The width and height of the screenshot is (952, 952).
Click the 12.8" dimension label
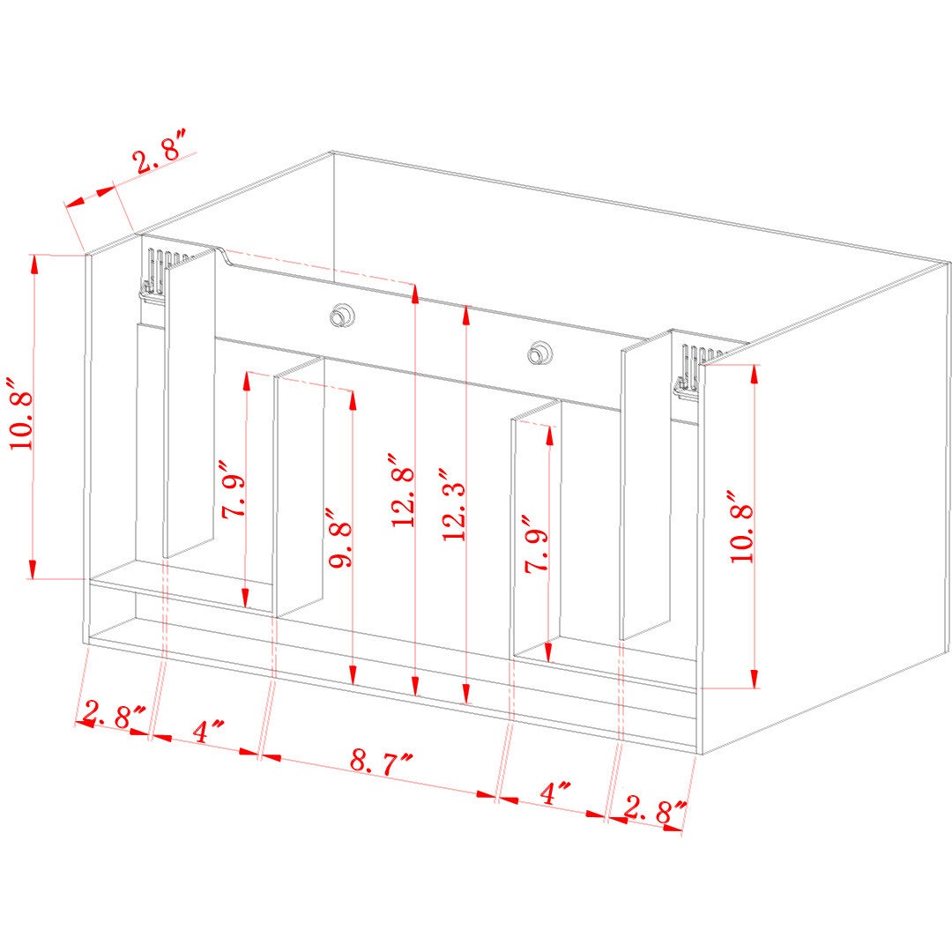pyautogui.click(x=403, y=490)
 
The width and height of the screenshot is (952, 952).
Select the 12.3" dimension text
pyautogui.click(x=454, y=504)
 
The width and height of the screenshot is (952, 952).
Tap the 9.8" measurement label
pyautogui.click(x=340, y=537)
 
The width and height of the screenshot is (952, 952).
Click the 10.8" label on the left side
pyautogui.click(x=20, y=413)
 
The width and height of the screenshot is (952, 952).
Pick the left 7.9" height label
pyautogui.click(x=234, y=489)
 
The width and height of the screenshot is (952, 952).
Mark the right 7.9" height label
pyautogui.click(x=538, y=543)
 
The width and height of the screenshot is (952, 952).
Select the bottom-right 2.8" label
pyautogui.click(x=655, y=811)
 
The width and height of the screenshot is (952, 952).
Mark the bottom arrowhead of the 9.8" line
pyautogui.click(x=353, y=675)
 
